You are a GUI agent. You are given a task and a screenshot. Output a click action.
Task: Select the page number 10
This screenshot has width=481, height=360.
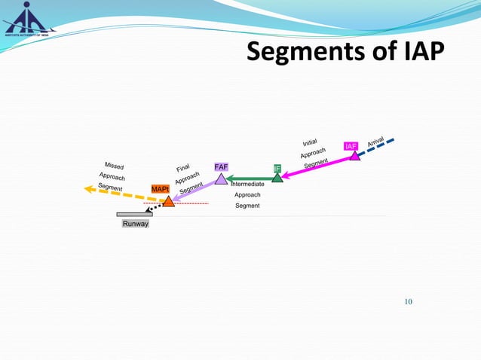pyautogui.click(x=409, y=302)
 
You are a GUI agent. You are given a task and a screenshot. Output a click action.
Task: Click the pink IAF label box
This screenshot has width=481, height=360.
pyautogui.click(x=351, y=146)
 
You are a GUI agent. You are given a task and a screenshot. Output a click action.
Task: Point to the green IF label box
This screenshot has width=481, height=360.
pyautogui.click(x=277, y=168)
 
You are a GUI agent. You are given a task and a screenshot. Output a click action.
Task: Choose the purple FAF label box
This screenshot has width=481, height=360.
pyautogui.click(x=221, y=166)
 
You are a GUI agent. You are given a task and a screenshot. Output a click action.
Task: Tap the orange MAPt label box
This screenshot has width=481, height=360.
pyautogui.click(x=160, y=188)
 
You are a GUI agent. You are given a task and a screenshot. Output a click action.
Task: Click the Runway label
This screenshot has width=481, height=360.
pyautogui.click(x=136, y=224)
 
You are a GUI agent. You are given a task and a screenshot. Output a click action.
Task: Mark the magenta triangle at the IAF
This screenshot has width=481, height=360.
pyautogui.click(x=354, y=156)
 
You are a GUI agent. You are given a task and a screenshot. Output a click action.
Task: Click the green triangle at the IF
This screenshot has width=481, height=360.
pyautogui.click(x=277, y=178)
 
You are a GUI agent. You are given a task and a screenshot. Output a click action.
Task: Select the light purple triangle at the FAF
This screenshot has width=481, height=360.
pyautogui.click(x=221, y=178)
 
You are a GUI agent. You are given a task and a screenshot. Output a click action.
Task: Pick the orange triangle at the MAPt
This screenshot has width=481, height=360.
pyautogui.click(x=169, y=201)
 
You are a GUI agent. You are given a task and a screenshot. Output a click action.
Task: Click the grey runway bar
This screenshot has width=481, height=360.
pyautogui.click(x=134, y=214)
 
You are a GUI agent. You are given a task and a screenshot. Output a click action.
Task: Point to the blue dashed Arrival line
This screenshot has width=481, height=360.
pyautogui.click(x=377, y=147)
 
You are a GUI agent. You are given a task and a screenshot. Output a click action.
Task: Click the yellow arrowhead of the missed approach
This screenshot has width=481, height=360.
pyautogui.click(x=89, y=189)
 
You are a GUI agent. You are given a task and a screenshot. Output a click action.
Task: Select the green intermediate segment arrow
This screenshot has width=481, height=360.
pyautogui.click(x=249, y=178)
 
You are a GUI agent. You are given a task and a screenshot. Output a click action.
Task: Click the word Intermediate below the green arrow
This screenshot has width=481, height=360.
pyautogui.click(x=247, y=185)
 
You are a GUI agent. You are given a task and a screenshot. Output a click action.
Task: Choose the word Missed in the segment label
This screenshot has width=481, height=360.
pyautogui.click(x=114, y=166)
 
